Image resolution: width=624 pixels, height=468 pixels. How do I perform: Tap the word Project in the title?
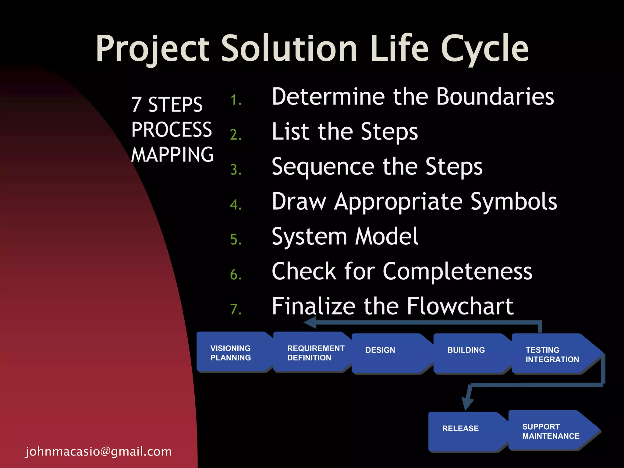tap(152, 49)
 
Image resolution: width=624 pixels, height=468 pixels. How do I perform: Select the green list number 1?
tap(236, 100)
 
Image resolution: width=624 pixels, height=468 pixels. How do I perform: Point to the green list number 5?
tap(236, 239)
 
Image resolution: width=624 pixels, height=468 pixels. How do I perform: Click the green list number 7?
tap(236, 309)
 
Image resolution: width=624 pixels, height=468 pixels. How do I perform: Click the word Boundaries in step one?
tap(495, 97)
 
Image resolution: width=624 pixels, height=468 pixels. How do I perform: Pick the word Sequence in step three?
tap(323, 167)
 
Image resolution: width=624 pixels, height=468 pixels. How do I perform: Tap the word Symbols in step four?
tap(514, 202)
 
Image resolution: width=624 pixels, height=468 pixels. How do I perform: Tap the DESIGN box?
tap(387, 353)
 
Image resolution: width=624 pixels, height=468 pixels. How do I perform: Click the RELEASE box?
tap(463, 431)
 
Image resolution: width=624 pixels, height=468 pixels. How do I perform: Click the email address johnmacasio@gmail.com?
tap(98, 452)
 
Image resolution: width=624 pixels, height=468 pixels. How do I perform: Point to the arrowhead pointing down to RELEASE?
tap(467, 404)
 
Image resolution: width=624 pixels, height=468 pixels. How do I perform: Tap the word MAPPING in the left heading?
tap(172, 155)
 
